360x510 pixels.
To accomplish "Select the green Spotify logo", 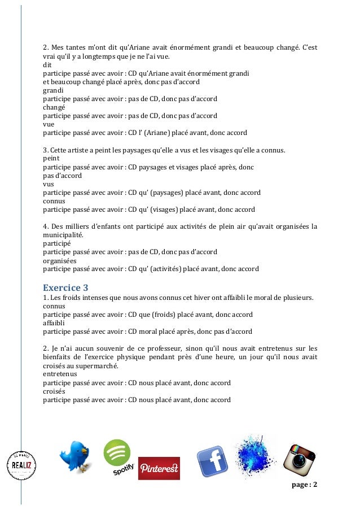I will point(118,457).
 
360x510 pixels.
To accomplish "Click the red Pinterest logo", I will point(159,468).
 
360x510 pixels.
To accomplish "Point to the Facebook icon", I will point(212,461).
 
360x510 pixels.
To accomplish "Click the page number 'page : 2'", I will point(304,486).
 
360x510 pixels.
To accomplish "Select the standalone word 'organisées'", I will point(59,261).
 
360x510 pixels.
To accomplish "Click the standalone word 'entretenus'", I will point(59,374).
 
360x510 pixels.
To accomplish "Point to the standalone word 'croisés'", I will point(54,391).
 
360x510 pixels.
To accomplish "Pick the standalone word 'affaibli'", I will point(55,322).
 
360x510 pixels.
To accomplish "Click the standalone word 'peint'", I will point(51,159).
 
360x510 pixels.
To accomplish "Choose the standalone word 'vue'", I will point(49,125).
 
